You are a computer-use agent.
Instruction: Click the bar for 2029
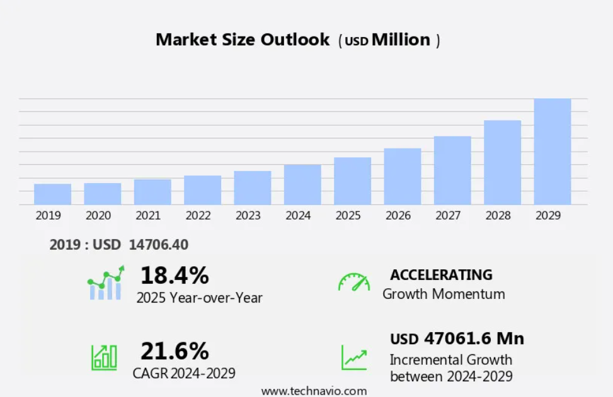(552, 152)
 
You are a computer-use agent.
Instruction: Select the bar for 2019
(52, 194)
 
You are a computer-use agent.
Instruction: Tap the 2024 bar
(302, 184)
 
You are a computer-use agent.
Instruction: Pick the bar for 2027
(452, 171)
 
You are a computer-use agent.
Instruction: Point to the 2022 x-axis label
(198, 216)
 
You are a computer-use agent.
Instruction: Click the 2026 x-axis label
(398, 216)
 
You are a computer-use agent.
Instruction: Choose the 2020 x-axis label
(98, 216)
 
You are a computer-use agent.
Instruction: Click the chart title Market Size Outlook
(243, 40)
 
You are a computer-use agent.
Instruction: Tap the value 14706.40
(158, 245)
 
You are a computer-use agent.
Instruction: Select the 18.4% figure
(175, 276)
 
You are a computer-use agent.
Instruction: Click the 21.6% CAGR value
(175, 350)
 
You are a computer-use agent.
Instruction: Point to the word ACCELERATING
(441, 275)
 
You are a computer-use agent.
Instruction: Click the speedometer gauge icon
(354, 282)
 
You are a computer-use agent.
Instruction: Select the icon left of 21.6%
(104, 357)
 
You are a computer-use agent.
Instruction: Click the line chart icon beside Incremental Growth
(354, 357)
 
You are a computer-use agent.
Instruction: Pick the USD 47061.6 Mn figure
(457, 338)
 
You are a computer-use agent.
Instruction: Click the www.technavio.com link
(314, 391)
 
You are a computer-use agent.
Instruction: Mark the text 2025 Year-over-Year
(199, 298)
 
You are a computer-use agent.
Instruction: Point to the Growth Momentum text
(444, 294)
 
